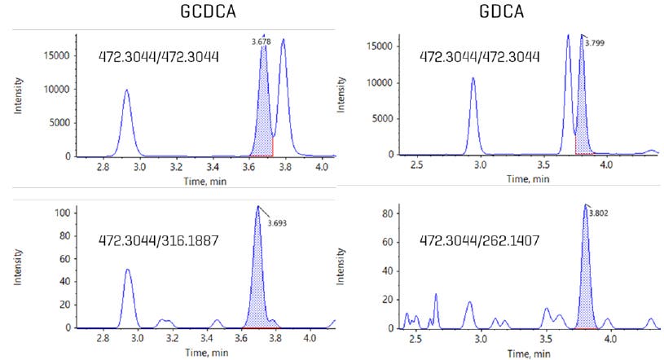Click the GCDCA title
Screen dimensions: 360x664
[204, 14]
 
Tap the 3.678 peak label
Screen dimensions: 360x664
[262, 39]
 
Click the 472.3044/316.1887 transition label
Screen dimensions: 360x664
[157, 243]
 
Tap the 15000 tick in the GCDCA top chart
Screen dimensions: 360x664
[55, 55]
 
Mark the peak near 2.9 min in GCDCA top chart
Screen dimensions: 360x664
[126, 122]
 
